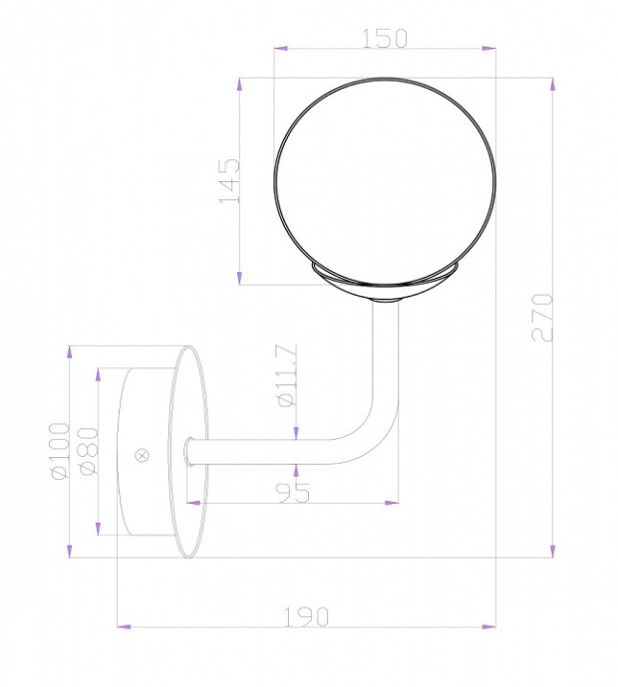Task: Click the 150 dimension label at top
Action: [384, 38]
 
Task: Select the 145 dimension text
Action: [229, 179]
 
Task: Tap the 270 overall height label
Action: [542, 318]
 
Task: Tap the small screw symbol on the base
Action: [142, 455]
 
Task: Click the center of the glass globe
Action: [384, 181]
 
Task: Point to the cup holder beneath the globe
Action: [384, 282]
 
